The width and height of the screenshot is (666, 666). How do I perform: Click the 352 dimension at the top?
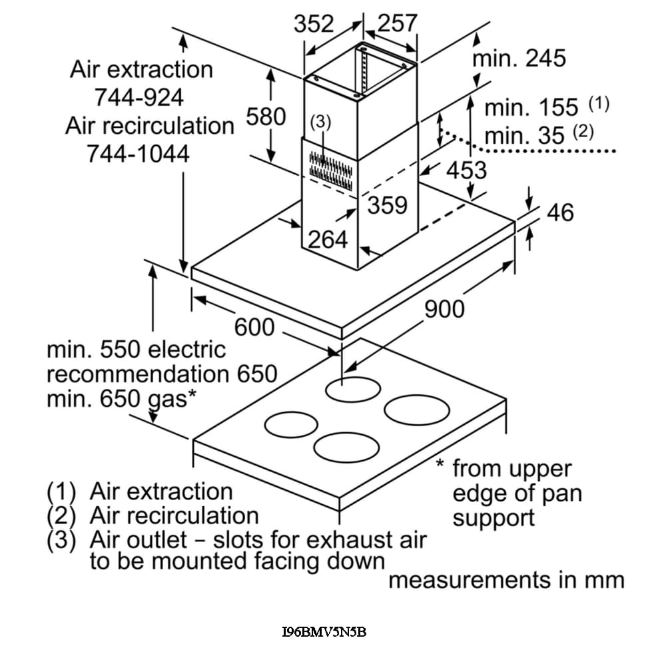coord(314,24)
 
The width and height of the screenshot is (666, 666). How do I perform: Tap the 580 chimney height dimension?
coord(266,117)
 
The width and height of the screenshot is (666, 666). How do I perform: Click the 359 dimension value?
coord(387,205)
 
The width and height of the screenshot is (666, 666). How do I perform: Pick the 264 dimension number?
coord(328,239)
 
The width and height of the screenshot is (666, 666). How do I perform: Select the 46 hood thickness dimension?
coord(559,212)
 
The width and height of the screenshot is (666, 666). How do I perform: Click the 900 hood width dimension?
coord(444,309)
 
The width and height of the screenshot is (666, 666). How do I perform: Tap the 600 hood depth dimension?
coord(254,327)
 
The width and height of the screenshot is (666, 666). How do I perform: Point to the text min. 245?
coord(519,59)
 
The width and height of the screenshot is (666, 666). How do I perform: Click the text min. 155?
coord(521,108)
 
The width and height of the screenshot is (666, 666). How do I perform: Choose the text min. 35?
coord(524,136)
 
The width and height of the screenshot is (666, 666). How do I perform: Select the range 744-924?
coord(139,97)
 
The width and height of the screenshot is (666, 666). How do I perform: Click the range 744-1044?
coord(138,154)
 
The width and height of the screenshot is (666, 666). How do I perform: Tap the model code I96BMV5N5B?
coord(324,632)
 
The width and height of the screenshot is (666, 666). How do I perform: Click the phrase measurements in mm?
coord(506,580)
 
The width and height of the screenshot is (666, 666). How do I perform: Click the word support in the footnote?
coord(494,517)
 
